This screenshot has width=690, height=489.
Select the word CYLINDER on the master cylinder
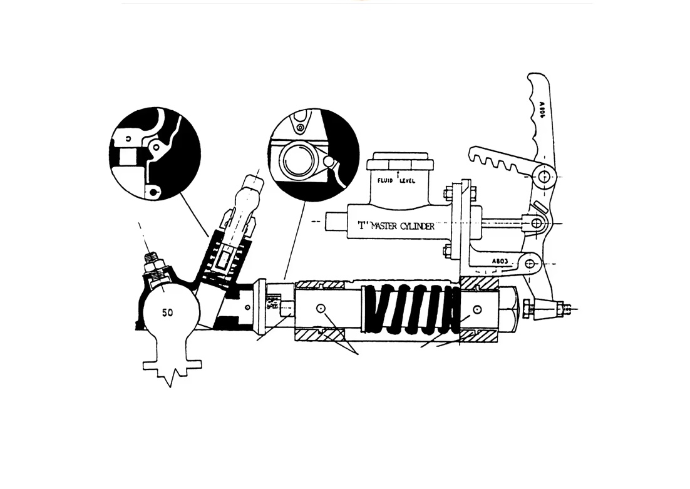(x=410, y=226)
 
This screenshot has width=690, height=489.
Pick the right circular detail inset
(x=312, y=155)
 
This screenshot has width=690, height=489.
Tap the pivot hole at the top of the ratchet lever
(x=545, y=177)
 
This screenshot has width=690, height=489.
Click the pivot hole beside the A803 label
(x=531, y=264)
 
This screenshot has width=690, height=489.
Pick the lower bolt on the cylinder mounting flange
(x=447, y=253)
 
